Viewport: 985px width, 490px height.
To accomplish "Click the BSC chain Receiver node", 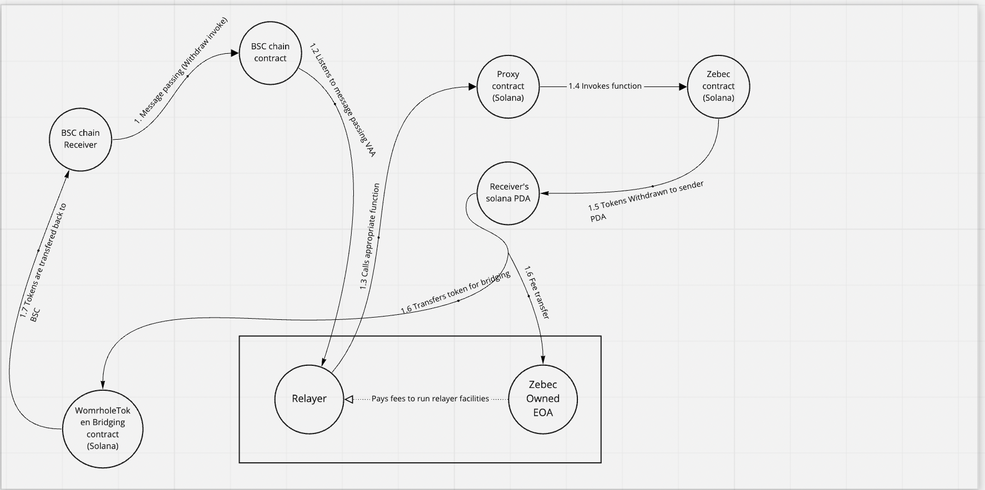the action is coord(80,139).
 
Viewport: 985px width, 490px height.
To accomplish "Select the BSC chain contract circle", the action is coord(270,53).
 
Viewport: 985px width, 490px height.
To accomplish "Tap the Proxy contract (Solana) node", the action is coord(508,86).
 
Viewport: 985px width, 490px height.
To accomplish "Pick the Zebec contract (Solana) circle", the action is coord(718,86).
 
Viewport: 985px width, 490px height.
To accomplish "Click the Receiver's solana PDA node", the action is coord(508,193).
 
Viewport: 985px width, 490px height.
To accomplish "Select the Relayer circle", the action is coord(309,399).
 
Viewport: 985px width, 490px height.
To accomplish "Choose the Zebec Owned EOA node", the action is coord(543,399).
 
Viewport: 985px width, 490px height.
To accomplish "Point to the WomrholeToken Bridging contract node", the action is coord(103,428).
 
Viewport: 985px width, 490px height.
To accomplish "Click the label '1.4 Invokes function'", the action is coord(605,86).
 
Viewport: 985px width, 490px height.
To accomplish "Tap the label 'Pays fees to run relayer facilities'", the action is coord(430,399).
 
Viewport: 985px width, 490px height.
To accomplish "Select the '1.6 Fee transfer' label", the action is coord(536,293).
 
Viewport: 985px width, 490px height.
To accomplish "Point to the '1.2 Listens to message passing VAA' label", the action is coord(343,100).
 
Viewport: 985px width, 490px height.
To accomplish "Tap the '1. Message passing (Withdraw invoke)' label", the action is coord(181,70).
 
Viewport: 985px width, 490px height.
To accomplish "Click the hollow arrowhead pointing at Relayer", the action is coord(348,399).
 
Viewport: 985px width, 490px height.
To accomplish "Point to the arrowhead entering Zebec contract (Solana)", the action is coord(683,86).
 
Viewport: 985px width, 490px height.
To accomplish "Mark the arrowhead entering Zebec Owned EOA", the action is coord(542,360).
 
